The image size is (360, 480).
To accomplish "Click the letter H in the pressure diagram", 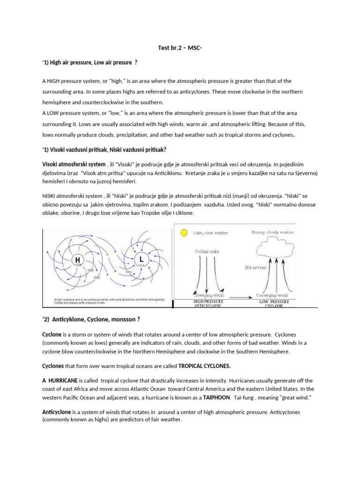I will tap(77, 259).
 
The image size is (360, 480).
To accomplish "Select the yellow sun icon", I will tap(184, 232).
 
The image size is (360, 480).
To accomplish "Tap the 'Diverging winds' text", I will tap(210, 295).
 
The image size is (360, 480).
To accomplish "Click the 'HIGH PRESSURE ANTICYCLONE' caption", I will tap(210, 303).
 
